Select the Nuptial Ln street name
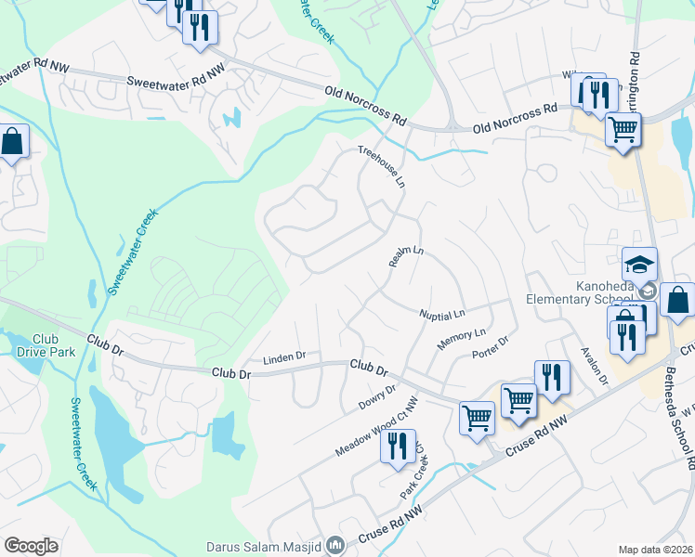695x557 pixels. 441,315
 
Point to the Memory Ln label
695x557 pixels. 462,339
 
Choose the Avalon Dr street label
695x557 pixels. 593,367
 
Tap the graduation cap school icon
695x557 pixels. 639,265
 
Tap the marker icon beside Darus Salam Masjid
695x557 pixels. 335,545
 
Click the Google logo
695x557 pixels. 31,546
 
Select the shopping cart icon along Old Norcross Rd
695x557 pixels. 623,128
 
